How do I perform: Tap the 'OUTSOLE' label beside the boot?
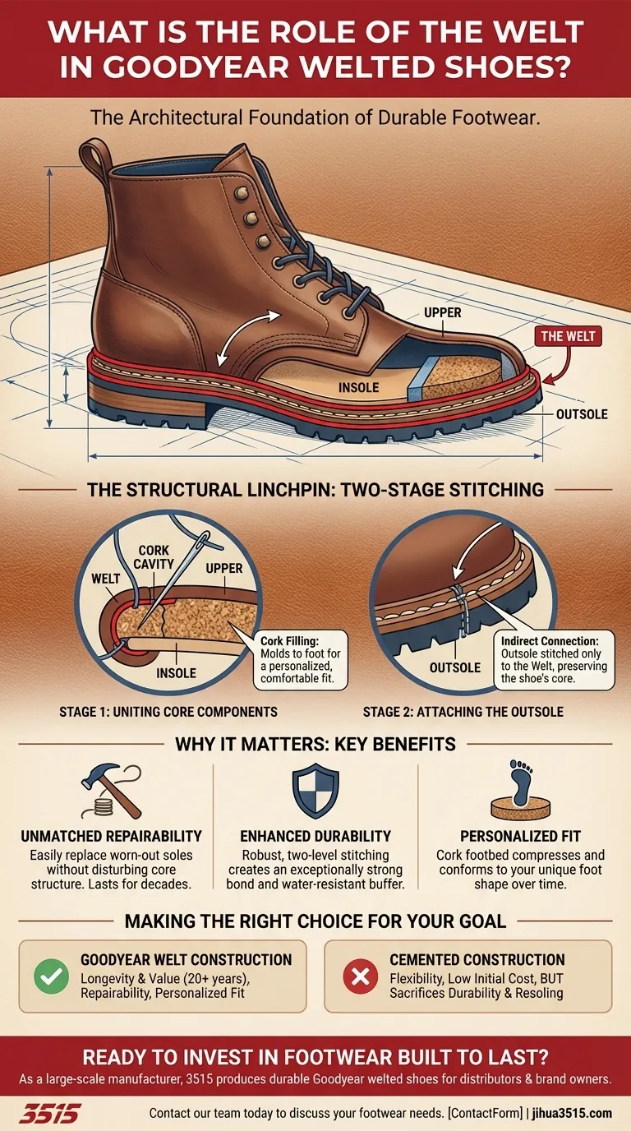click(582, 414)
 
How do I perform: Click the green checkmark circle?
click(50, 977)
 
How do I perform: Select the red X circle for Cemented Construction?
click(357, 977)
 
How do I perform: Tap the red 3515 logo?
click(49, 1114)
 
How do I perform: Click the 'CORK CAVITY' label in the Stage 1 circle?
click(155, 556)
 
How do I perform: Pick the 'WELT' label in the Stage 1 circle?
click(105, 579)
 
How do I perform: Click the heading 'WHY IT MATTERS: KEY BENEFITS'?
click(315, 745)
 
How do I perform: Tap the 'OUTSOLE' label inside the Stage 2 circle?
click(454, 667)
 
